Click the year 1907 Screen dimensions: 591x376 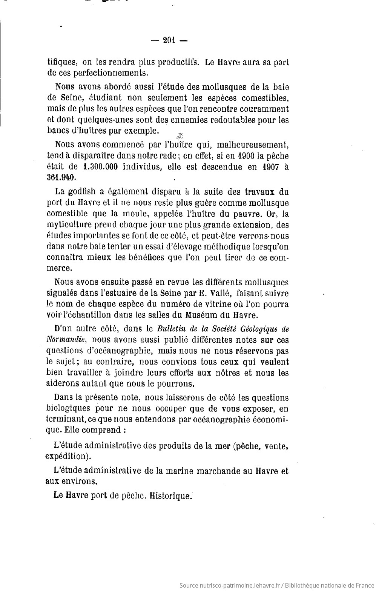[269, 166]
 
